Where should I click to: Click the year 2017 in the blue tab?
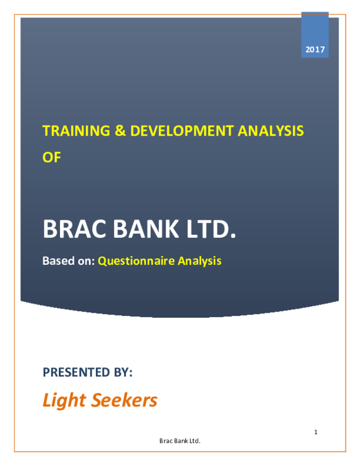(315, 49)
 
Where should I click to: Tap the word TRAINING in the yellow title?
(70, 130)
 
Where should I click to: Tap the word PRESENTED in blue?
(76, 373)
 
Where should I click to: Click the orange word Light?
(64, 401)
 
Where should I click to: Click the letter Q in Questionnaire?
(103, 261)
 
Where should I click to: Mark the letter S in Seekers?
(98, 401)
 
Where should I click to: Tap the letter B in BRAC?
(49, 229)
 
